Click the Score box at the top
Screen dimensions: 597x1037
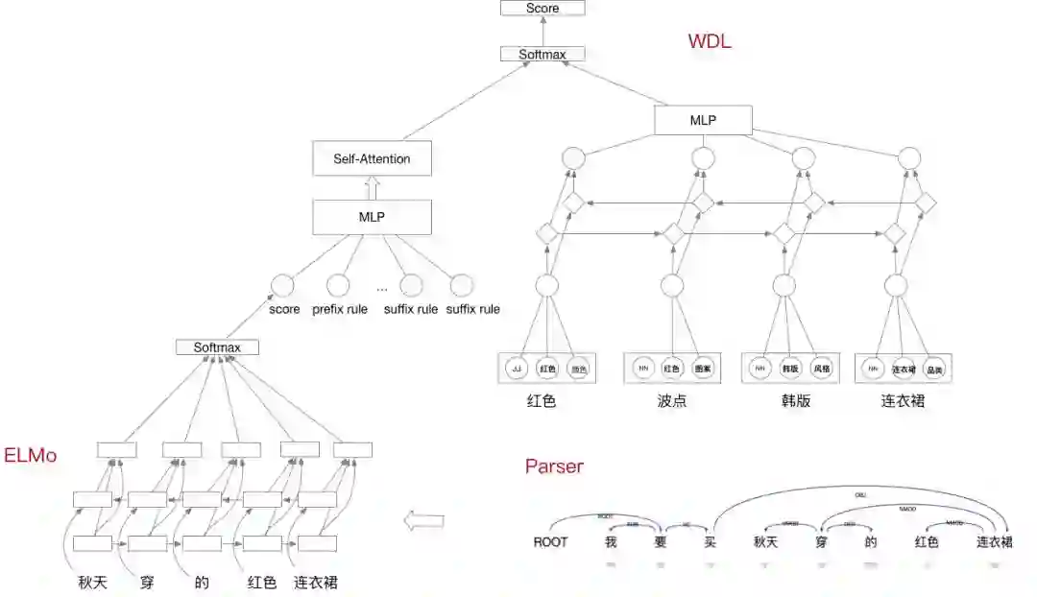pos(543,9)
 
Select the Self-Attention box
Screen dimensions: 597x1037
pos(372,158)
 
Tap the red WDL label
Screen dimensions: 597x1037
pos(710,41)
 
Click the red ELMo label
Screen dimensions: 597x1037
pos(30,455)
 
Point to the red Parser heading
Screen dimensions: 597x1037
pos(554,467)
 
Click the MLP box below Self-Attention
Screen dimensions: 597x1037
pos(372,218)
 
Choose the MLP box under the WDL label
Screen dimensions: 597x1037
pos(703,120)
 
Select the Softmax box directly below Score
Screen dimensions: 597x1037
pos(543,54)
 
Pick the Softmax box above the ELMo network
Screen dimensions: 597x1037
pos(217,347)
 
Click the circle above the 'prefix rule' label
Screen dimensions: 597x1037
pos(338,285)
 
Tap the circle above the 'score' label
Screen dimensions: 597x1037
pos(281,285)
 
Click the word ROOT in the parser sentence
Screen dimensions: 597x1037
pos(550,542)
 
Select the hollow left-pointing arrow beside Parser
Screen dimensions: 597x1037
pos(423,521)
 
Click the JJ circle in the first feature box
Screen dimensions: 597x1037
pos(518,369)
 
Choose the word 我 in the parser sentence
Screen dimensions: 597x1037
pos(610,542)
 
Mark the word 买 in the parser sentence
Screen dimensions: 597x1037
pos(711,542)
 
